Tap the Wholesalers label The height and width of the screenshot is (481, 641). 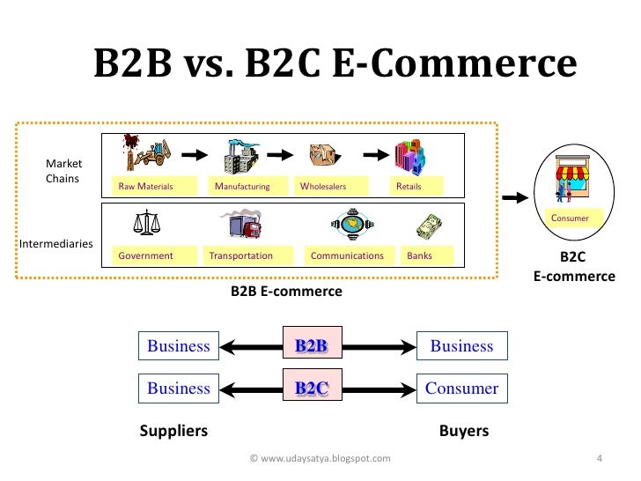(x=323, y=187)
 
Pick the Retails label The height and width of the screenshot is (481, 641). (x=409, y=187)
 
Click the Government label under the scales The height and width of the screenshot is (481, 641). (x=145, y=255)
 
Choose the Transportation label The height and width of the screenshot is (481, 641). (x=241, y=255)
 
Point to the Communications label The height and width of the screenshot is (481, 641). (x=348, y=255)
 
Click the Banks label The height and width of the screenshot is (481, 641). (x=420, y=255)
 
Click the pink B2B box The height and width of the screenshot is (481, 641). (x=311, y=345)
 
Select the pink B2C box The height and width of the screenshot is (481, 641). (x=311, y=388)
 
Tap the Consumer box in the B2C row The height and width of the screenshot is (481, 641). (x=461, y=388)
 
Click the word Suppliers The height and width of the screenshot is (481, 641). (x=173, y=432)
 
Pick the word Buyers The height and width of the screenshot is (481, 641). (x=463, y=432)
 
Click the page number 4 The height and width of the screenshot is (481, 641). (x=599, y=458)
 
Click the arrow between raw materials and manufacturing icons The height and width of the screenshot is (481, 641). (x=194, y=154)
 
